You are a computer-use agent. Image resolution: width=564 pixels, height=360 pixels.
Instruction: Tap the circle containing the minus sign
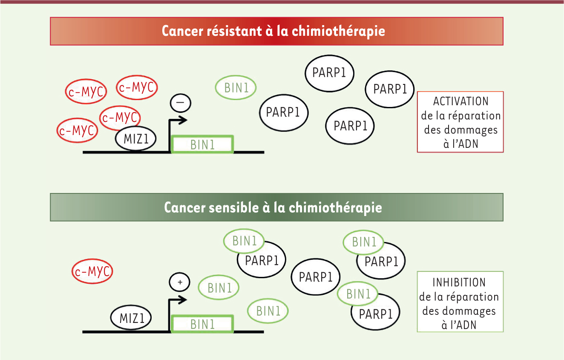click(181, 103)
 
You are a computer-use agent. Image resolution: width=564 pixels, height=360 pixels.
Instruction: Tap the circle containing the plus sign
click(179, 282)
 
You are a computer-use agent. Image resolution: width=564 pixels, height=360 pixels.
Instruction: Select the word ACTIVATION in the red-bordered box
click(460, 101)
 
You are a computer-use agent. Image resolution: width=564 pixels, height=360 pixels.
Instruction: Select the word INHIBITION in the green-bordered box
click(459, 282)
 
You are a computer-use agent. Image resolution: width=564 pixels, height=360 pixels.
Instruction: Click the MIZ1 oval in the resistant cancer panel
click(136, 138)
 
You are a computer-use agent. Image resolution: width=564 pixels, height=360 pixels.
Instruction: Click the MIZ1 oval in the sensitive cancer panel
click(131, 318)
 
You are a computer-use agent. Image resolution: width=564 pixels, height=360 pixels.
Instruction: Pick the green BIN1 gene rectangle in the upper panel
click(202, 144)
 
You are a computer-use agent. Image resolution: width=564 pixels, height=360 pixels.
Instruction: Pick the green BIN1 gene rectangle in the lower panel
click(202, 324)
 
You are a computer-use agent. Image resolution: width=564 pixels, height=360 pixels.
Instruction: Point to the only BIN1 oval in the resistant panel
click(236, 88)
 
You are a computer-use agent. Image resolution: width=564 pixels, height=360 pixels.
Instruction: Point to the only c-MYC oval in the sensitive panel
click(92, 271)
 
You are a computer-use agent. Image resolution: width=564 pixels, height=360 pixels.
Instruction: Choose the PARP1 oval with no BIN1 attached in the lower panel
click(316, 277)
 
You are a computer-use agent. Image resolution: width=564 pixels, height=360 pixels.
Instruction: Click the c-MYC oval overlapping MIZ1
click(120, 118)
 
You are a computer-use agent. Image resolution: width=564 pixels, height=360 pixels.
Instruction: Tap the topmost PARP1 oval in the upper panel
click(330, 73)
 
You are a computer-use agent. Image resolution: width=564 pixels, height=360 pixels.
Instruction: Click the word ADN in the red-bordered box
click(465, 144)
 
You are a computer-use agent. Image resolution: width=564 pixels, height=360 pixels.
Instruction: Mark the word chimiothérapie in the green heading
click(335, 208)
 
